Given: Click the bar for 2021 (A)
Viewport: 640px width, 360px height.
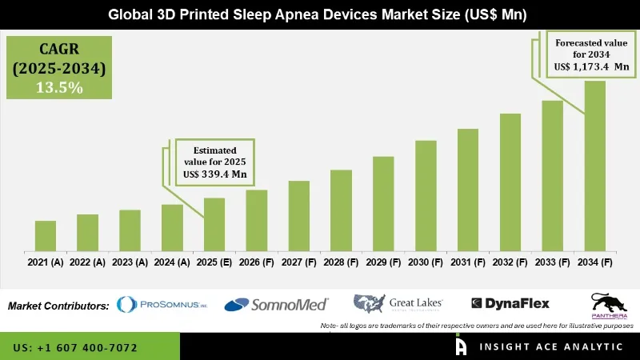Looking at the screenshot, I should pyautogui.click(x=46, y=235).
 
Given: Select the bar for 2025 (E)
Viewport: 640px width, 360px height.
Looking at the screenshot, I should pyautogui.click(x=214, y=224).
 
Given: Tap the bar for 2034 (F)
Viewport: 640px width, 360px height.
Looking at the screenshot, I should pyautogui.click(x=595, y=165).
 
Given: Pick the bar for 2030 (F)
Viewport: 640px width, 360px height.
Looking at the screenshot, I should pyautogui.click(x=426, y=195).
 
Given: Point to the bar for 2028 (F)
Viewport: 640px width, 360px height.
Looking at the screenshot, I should pyautogui.click(x=342, y=210).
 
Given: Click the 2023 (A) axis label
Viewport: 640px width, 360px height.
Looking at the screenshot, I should pyautogui.click(x=130, y=262).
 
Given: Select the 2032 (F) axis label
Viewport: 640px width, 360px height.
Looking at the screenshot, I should pyautogui.click(x=510, y=262).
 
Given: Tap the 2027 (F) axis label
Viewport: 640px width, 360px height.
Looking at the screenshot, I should pyautogui.click(x=299, y=262).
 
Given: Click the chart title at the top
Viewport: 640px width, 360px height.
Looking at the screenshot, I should pyautogui.click(x=320, y=15).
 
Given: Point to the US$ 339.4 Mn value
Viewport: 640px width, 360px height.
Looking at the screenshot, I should pyautogui.click(x=214, y=173).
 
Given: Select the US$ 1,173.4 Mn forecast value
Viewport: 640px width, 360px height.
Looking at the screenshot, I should pyautogui.click(x=593, y=68).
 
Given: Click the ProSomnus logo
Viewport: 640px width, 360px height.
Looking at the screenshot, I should pyautogui.click(x=162, y=305).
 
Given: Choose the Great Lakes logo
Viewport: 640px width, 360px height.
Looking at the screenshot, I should pyautogui.click(x=398, y=303).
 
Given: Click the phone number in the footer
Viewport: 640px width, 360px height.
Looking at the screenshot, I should pyautogui.click(x=75, y=348).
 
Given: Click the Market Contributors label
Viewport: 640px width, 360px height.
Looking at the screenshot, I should pyautogui.click(x=58, y=306).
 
